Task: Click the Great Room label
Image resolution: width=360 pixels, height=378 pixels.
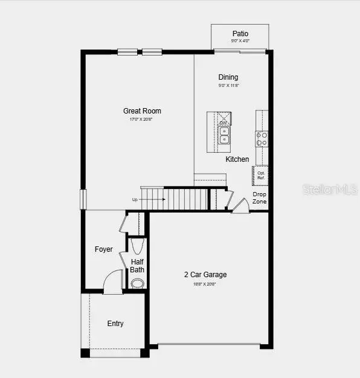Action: (x=142, y=111)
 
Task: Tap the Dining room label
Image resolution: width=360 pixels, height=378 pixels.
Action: (x=228, y=77)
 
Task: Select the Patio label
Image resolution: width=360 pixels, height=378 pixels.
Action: (x=240, y=34)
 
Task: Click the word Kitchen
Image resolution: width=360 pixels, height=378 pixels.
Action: (x=237, y=159)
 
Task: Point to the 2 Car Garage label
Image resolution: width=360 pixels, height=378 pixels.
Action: (x=205, y=275)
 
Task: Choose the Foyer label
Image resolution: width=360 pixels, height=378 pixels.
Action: (x=103, y=249)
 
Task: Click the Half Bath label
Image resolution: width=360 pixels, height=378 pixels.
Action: (x=137, y=266)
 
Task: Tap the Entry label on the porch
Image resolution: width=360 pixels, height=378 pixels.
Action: (x=115, y=324)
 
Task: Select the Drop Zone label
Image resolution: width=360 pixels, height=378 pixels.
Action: (x=259, y=197)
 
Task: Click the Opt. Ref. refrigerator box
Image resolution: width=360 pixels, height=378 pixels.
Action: (x=261, y=176)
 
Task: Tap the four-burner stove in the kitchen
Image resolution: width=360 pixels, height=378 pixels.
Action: (x=262, y=139)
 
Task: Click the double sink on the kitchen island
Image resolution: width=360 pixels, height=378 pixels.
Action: (x=223, y=135)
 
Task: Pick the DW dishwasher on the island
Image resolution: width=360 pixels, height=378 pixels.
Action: (x=223, y=123)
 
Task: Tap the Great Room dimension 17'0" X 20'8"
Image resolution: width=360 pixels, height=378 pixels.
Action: (x=142, y=120)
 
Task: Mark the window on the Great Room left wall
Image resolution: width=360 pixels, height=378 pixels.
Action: (x=83, y=199)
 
